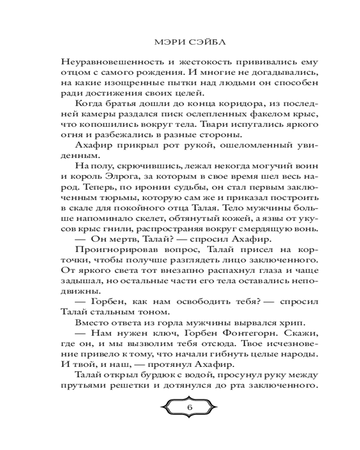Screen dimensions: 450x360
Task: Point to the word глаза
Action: [x=275, y=270]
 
